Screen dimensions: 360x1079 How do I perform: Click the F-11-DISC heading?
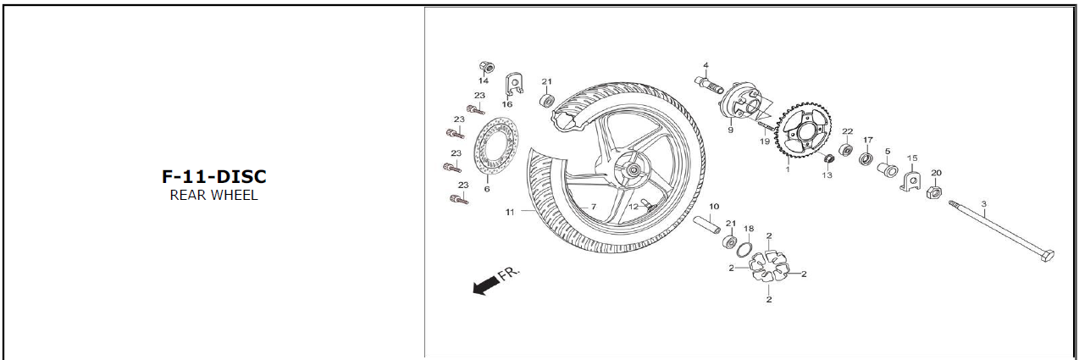pos(213,176)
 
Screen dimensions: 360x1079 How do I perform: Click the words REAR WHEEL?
pos(213,196)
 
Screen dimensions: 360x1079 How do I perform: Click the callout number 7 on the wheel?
pos(593,207)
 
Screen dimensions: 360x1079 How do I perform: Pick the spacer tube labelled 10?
pos(710,225)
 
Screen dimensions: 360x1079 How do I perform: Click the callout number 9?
pos(729,131)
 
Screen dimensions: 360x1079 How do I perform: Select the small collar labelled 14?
pos(485,67)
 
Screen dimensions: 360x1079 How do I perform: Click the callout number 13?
pos(827,175)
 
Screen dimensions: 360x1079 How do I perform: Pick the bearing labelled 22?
pos(845,151)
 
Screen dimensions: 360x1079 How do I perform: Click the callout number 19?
pos(764,141)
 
